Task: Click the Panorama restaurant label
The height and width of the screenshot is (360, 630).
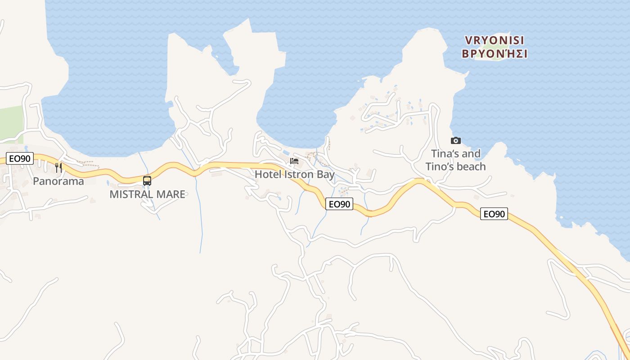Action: pos(58,181)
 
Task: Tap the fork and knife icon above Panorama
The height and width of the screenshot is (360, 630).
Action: pos(58,167)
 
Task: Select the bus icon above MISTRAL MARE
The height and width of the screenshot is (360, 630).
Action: pos(147,181)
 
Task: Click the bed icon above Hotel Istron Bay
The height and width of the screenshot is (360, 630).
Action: pos(294,161)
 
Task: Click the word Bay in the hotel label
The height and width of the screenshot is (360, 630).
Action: pos(325,174)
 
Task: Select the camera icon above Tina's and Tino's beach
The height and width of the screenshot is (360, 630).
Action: pos(456,141)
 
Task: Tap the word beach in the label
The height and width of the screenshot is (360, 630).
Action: pos(471,166)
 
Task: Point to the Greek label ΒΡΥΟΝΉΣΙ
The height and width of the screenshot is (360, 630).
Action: pos(495,54)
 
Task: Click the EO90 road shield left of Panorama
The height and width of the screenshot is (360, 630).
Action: pos(20,159)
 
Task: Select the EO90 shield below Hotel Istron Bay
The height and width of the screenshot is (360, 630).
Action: pos(339,204)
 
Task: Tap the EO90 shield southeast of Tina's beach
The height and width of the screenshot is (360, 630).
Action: pos(494,214)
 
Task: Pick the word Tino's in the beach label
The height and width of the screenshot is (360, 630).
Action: pos(439,166)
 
